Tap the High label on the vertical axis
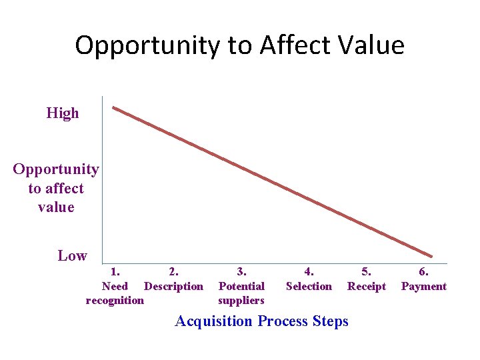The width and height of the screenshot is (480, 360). [63, 113]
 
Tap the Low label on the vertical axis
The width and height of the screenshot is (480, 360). [72, 255]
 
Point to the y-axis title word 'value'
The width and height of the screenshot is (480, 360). [56, 207]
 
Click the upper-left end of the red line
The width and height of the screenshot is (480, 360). [114, 107]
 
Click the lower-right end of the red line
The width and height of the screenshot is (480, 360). [431, 256]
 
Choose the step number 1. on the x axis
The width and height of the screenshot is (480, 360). [115, 272]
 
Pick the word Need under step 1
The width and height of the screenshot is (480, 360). [115, 287]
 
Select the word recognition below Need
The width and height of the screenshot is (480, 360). [115, 301]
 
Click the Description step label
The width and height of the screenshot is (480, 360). [173, 287]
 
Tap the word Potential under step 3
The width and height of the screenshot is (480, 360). [241, 287]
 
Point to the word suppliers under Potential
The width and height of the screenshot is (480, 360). [241, 301]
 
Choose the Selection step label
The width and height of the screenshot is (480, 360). [309, 287]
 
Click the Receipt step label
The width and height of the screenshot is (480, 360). [367, 287]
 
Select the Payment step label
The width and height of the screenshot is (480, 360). [423, 287]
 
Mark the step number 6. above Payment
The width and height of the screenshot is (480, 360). [423, 272]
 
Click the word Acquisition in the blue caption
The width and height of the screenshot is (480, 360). [213, 321]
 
